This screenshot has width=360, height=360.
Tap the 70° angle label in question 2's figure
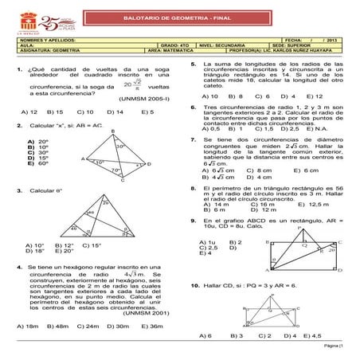pyautogui.click(x=115, y=170)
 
